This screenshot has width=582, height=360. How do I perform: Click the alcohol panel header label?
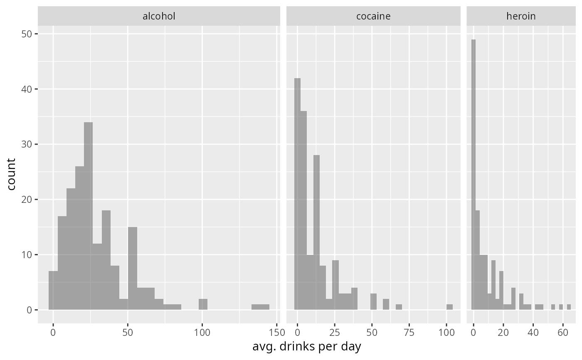[x=159, y=16]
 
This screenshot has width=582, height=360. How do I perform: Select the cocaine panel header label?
[x=373, y=16]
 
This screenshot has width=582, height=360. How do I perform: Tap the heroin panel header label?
[x=521, y=16]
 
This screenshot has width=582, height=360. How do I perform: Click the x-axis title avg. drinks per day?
[x=307, y=346]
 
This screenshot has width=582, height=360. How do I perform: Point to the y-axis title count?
[x=12, y=174]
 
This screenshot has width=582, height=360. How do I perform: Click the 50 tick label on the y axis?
[x=27, y=34]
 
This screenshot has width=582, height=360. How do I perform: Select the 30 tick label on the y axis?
[x=27, y=144]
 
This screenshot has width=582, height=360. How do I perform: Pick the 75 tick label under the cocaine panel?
[x=409, y=332]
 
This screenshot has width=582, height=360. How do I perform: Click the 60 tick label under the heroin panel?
[x=563, y=332]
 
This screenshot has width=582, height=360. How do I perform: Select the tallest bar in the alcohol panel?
[x=88, y=216]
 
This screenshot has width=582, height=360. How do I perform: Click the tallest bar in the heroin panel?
[x=473, y=175]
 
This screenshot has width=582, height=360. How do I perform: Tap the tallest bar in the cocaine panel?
[x=297, y=194]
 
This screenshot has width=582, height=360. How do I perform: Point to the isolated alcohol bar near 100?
[x=203, y=304]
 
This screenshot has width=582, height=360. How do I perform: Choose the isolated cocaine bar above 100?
[x=449, y=307]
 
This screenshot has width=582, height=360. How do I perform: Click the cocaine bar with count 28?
[x=316, y=232]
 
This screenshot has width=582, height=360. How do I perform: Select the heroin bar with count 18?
[x=477, y=260]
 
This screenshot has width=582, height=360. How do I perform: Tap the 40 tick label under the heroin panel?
[x=533, y=332]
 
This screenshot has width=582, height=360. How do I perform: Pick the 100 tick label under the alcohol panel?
[x=202, y=332]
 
